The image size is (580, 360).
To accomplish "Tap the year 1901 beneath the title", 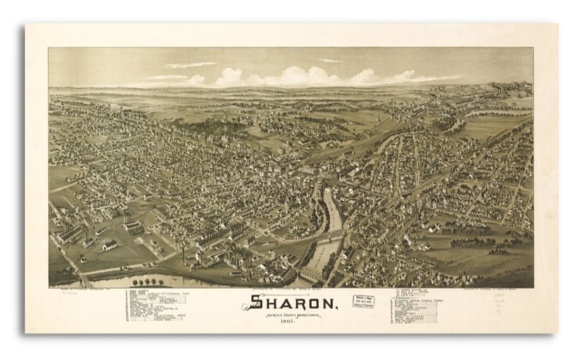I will (x=291, y=321).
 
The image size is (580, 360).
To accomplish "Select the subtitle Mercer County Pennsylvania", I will (x=291, y=314).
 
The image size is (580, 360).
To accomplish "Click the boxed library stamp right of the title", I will (x=363, y=300).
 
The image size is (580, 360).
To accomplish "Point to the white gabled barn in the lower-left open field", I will (x=110, y=245).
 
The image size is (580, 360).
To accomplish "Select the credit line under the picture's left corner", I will (x=79, y=290).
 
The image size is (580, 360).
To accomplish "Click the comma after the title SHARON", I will (x=336, y=308).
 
